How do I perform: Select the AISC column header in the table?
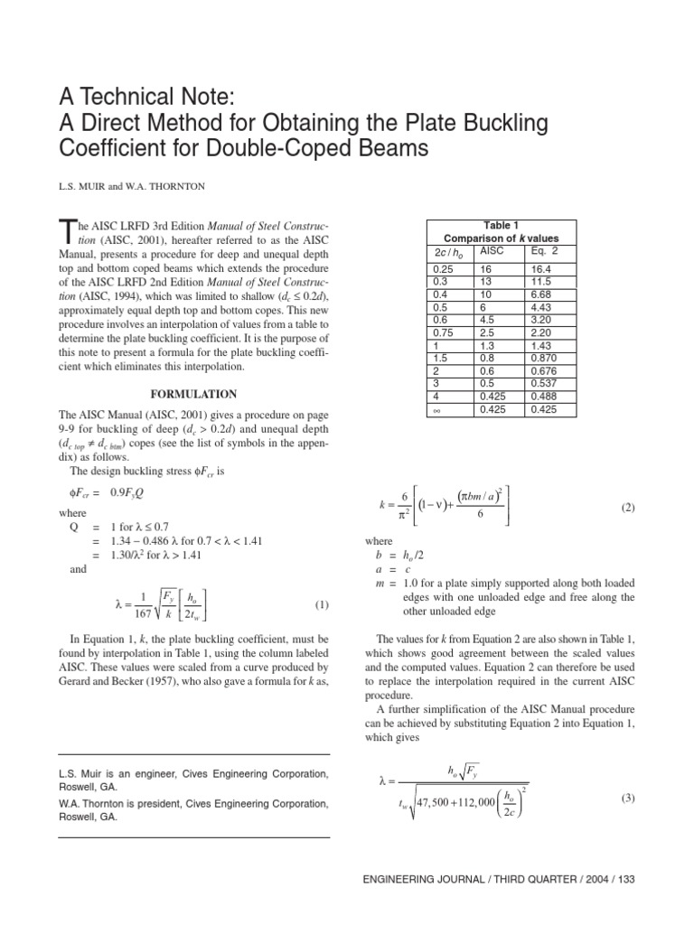tap(491, 249)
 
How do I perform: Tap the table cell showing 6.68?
tap(545, 294)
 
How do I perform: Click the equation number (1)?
tap(321, 604)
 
